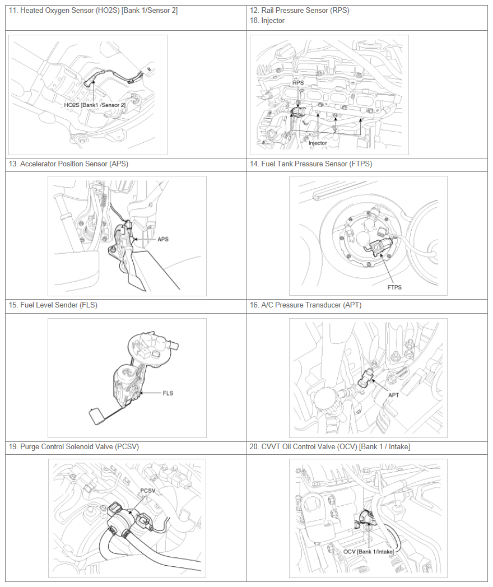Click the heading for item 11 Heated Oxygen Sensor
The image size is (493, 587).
point(93,11)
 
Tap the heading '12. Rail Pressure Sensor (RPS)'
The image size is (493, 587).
point(300,11)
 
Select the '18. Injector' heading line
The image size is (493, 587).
point(267,21)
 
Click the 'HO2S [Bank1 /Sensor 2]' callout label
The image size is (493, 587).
point(95,105)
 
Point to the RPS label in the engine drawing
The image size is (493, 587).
point(298,83)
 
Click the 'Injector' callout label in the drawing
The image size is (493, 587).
point(318,143)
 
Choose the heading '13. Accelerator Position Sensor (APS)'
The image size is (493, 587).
point(68,164)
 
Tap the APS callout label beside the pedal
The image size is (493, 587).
point(163,239)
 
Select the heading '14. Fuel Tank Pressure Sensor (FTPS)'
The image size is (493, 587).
point(311,164)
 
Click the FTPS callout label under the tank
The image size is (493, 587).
point(394,287)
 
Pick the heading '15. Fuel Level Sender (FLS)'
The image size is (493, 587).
point(53,305)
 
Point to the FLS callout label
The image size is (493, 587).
point(168,393)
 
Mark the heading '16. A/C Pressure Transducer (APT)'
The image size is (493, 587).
point(306,305)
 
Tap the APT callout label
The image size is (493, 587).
point(393,395)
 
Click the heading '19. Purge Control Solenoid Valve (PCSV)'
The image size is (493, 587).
point(74,446)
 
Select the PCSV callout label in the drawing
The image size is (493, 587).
point(147,491)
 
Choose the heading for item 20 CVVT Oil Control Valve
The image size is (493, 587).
point(330,446)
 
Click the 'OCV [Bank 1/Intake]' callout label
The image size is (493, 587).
point(369,552)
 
